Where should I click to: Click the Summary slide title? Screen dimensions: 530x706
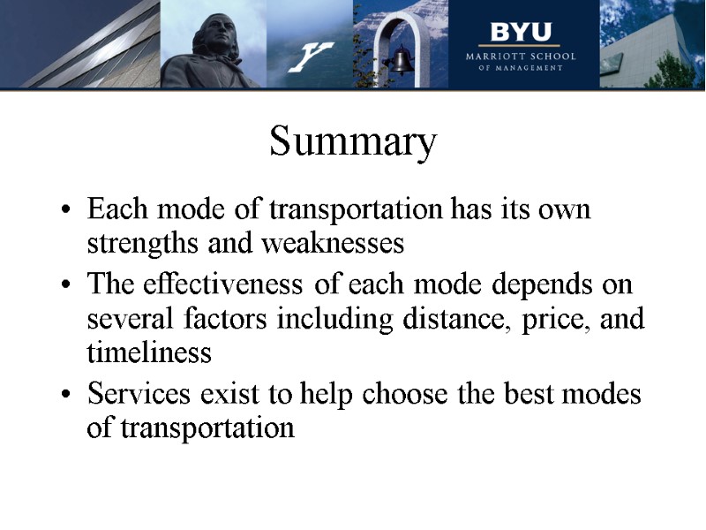pos(353,142)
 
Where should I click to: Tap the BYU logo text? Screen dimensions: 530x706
pos(520,34)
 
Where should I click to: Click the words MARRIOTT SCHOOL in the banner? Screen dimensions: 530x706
pos(521,56)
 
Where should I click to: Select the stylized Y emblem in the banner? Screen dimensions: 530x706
pos(310,57)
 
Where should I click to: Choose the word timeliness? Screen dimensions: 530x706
pos(149,352)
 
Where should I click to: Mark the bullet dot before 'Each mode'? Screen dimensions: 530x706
pos(67,213)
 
